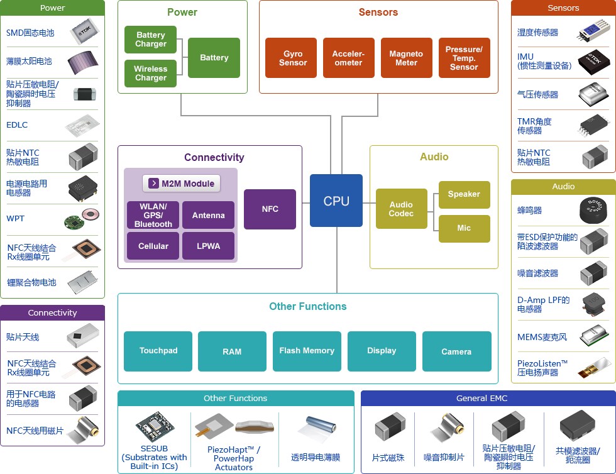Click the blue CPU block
pyautogui.click(x=336, y=201)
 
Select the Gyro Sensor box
pyautogui.click(x=291, y=58)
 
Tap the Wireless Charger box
pyautogui.click(x=150, y=73)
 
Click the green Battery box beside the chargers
pyautogui.click(x=214, y=58)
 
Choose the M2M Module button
pyautogui.click(x=181, y=184)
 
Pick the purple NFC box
pyautogui.click(x=270, y=209)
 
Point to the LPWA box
pyautogui.click(x=208, y=246)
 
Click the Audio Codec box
pyautogui.click(x=402, y=209)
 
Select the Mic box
pyautogui.click(x=465, y=228)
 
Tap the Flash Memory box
pyautogui.click(x=307, y=351)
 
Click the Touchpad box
pyautogui.click(x=158, y=351)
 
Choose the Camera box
pyautogui.click(x=457, y=351)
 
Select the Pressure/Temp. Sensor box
pyautogui.click(x=465, y=58)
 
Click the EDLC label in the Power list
pyautogui.click(x=17, y=125)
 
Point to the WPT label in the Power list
pyautogui.click(x=15, y=219)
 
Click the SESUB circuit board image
pyautogui.click(x=155, y=427)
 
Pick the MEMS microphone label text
pyautogui.click(x=542, y=337)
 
